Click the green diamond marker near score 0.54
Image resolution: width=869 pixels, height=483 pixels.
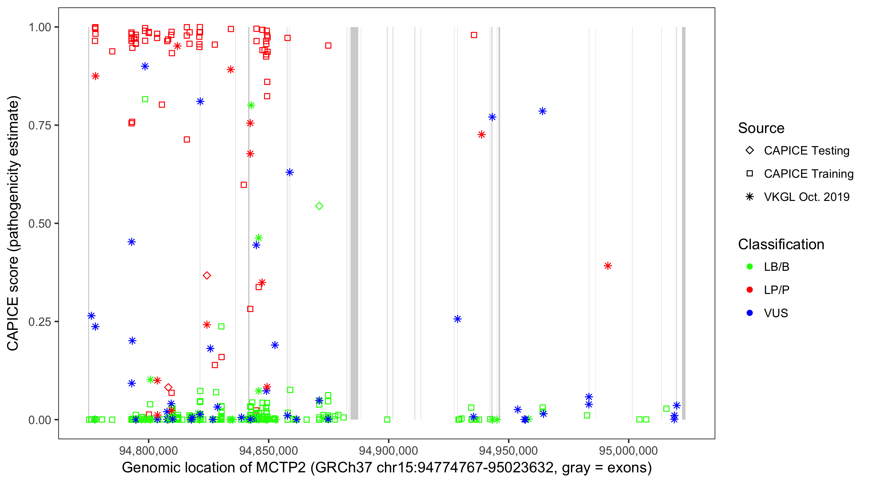(319, 206)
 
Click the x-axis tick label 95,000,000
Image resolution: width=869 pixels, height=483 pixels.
(628, 450)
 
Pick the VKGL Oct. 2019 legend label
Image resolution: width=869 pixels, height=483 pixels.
(807, 197)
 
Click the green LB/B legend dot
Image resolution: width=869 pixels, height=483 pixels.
(750, 267)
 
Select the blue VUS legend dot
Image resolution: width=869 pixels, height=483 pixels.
(750, 313)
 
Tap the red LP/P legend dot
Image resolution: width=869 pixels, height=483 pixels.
(750, 290)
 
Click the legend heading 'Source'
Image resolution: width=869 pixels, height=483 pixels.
(761, 128)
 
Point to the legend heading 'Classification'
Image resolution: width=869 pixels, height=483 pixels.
(781, 244)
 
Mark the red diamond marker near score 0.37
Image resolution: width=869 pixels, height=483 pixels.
(207, 275)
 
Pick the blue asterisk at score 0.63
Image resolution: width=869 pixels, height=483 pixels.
(289, 173)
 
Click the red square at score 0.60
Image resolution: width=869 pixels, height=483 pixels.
(244, 185)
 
